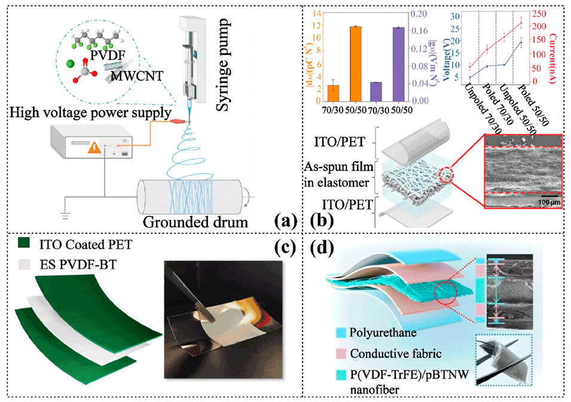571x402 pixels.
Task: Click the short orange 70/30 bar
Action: [x=334, y=93]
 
